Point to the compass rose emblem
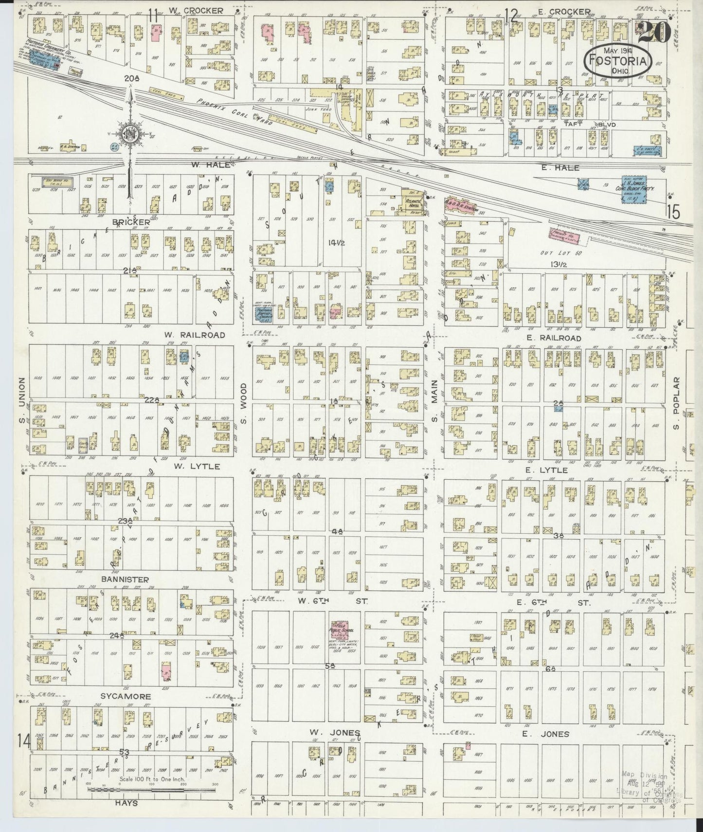(131, 134)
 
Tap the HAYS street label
(126, 803)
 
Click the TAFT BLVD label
(590, 125)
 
